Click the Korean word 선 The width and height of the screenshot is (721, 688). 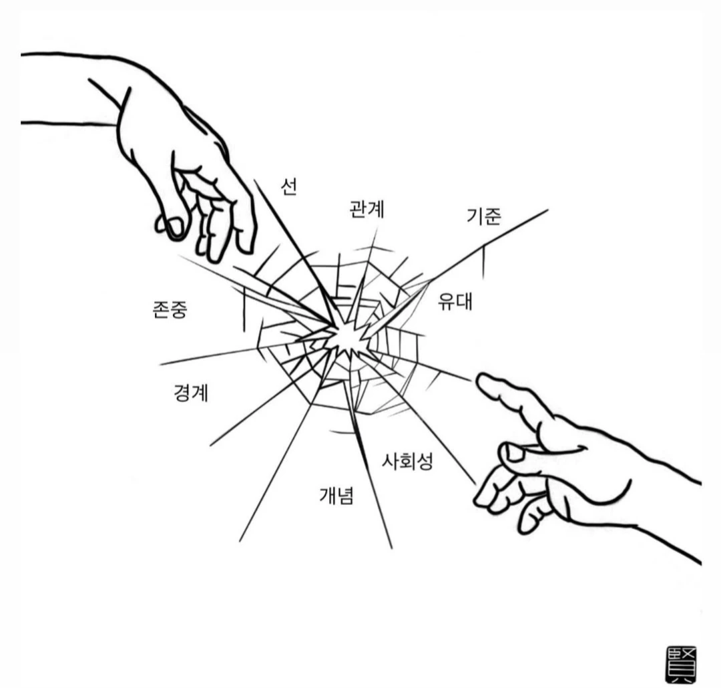pos(288,186)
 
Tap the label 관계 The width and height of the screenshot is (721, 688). pos(367,209)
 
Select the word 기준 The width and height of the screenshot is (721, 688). pos(483,216)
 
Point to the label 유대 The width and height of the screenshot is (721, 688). pos(455,301)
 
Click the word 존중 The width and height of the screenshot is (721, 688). pos(170,310)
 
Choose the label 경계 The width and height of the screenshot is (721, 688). pos(191,393)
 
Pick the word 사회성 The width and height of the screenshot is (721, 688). pos(407,461)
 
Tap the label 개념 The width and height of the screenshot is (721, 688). pos(336,496)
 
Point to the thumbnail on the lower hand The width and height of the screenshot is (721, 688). pos(513,453)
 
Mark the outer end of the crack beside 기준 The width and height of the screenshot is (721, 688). pos(547,210)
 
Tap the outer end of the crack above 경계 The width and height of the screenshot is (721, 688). pos(161,365)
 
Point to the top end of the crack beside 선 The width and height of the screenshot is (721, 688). pos(254,179)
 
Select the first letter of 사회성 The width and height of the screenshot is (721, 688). pos(390,461)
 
